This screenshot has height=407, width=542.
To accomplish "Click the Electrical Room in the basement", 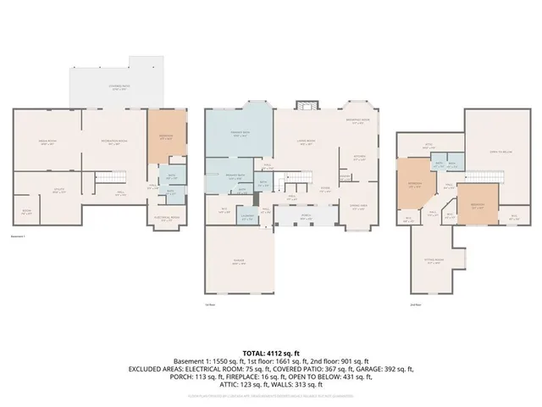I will pos(167,218).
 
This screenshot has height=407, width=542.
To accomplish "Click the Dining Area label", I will pos(358,206).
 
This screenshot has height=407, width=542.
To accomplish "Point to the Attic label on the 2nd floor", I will pos(429,145).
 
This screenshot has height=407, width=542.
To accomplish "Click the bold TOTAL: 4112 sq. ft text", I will pos(271,351).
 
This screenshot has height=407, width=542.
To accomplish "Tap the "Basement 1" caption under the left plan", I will pos(19,237).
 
